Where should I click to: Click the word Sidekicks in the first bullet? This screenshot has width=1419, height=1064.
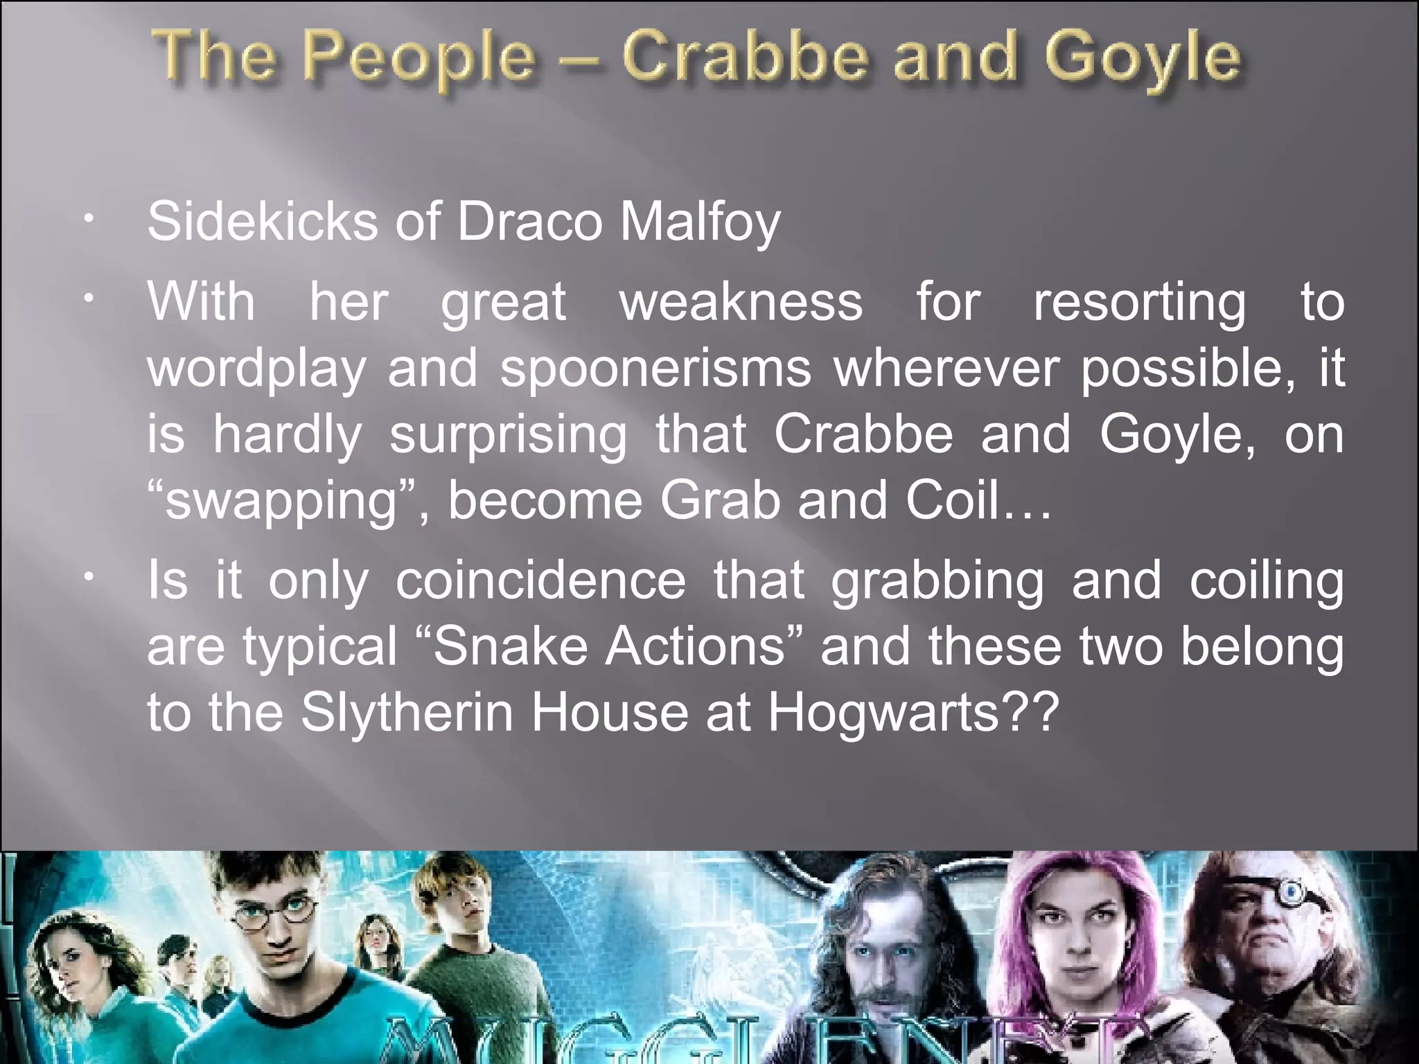coord(263,222)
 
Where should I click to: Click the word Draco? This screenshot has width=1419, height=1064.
coord(529,222)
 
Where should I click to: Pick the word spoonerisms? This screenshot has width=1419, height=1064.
coord(655,369)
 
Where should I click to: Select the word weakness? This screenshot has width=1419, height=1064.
coord(741,302)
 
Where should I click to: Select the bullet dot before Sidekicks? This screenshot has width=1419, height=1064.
coord(87,220)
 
